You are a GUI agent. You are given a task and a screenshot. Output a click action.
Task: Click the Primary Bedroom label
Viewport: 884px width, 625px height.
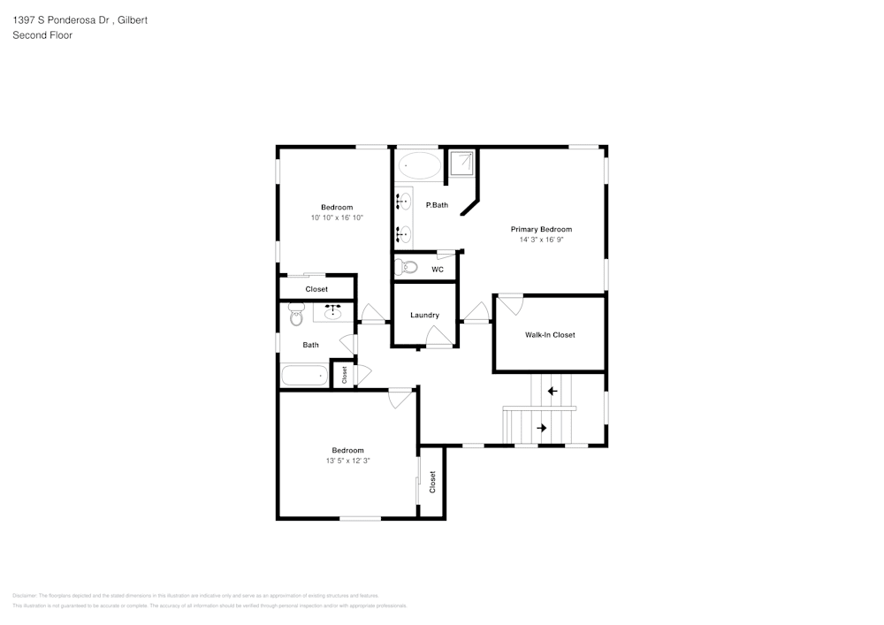click(540, 229)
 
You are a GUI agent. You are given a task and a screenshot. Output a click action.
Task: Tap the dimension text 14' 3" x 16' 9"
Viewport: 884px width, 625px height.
click(540, 240)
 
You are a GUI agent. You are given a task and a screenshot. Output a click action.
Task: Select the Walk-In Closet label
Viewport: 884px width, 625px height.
click(550, 335)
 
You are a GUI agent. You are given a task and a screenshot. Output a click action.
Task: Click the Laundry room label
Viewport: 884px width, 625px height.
click(424, 316)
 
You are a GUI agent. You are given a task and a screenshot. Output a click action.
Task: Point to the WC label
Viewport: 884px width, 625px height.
click(437, 270)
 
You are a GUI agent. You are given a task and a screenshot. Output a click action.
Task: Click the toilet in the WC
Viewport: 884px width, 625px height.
click(407, 267)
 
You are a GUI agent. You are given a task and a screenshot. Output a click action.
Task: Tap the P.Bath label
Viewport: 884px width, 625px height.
click(437, 205)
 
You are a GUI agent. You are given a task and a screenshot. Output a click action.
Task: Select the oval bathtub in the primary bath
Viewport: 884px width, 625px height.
click(419, 165)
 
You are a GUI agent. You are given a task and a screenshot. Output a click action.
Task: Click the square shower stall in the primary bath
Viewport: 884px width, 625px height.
click(461, 164)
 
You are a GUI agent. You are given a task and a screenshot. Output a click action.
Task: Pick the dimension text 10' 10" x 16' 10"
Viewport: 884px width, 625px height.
click(336, 217)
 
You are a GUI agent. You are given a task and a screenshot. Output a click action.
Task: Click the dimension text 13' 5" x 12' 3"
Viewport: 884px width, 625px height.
click(347, 461)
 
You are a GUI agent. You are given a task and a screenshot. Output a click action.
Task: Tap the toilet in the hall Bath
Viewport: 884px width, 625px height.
click(295, 314)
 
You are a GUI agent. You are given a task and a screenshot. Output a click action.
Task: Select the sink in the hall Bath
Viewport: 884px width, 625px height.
click(333, 312)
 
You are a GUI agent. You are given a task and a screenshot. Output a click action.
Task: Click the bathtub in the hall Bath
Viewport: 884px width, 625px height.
click(304, 376)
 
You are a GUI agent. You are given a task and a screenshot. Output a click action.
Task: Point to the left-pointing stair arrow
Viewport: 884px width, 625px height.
click(552, 391)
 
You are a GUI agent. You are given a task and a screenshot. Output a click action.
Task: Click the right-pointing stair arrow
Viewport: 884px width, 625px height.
click(541, 428)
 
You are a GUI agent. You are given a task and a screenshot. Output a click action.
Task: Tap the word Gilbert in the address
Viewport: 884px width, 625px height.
click(131, 19)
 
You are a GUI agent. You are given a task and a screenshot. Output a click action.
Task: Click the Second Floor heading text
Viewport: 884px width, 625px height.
click(42, 35)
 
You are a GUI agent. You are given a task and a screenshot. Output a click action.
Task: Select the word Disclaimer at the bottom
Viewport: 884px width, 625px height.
click(25, 596)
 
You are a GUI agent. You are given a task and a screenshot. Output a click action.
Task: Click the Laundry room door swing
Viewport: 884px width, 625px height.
click(437, 336)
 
